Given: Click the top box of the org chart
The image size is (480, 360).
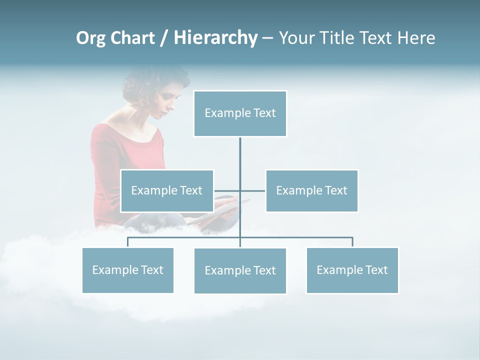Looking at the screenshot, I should (240, 113).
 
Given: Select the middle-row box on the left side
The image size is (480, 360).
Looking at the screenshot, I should (166, 190).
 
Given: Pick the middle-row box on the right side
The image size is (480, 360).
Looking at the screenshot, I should (311, 190).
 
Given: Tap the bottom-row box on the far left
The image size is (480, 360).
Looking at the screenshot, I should (127, 270).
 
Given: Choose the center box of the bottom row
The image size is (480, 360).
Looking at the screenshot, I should (240, 270).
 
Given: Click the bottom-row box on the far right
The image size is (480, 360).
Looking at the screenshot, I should (352, 270).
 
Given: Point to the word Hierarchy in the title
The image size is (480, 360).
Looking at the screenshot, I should (215, 38).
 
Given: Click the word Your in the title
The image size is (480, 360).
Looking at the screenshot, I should (297, 38).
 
